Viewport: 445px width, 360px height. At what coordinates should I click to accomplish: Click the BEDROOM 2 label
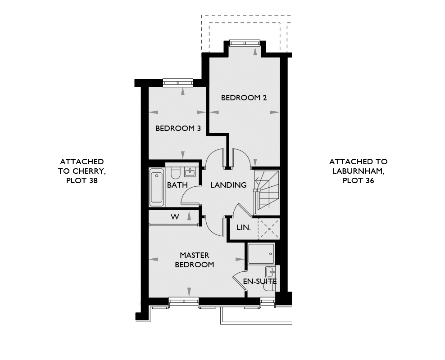[x=244, y=98]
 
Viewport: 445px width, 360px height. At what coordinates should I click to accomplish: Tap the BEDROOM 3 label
[x=178, y=128]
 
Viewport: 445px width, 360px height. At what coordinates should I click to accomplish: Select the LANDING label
[x=228, y=185]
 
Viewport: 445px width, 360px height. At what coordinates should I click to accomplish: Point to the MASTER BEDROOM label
[x=195, y=260]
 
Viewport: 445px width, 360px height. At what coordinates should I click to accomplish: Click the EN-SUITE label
[x=260, y=282]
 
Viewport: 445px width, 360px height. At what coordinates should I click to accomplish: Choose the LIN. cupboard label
[x=244, y=227]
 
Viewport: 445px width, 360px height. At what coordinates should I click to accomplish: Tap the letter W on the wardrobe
[x=175, y=217]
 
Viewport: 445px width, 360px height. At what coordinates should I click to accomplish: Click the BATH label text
[x=177, y=185]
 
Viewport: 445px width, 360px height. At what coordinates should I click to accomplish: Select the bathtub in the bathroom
[x=157, y=187]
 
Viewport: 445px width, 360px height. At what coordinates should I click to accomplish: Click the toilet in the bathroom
[x=175, y=172]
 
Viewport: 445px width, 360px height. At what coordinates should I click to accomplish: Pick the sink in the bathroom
[x=189, y=172]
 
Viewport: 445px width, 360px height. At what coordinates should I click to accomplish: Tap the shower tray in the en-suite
[x=261, y=254]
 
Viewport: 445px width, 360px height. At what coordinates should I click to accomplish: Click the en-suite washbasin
[x=270, y=272]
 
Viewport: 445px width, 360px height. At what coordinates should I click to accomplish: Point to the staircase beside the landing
[x=267, y=189]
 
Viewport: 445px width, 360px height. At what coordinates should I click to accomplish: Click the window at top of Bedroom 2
[x=245, y=43]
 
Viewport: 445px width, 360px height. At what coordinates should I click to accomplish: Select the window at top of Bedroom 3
[x=178, y=83]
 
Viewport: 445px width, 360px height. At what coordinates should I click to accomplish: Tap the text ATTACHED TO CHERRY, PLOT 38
[x=82, y=171]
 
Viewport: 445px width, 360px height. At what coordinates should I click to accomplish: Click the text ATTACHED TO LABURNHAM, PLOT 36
[x=358, y=171]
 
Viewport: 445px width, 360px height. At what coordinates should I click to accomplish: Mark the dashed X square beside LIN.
[x=269, y=229]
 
